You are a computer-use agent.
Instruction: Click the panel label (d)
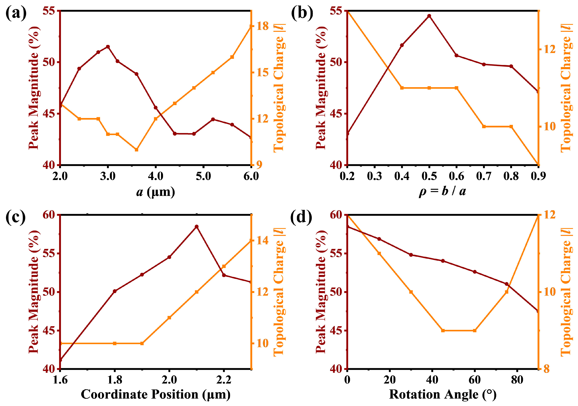301,217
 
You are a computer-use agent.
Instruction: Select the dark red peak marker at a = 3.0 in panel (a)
108,47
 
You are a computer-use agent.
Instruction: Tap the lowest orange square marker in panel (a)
136,150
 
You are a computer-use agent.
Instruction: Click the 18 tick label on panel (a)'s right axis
263,26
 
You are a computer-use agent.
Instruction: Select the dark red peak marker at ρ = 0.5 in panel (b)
429,16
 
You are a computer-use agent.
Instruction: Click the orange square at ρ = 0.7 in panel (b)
484,126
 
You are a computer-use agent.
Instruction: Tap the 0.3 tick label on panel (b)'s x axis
375,176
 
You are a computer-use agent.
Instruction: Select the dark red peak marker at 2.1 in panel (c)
197,227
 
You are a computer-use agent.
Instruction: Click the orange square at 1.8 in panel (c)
115,344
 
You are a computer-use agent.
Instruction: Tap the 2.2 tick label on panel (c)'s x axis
224,380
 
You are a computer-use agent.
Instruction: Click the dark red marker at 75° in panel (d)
507,284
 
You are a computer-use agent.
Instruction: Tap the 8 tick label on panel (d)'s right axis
547,369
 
